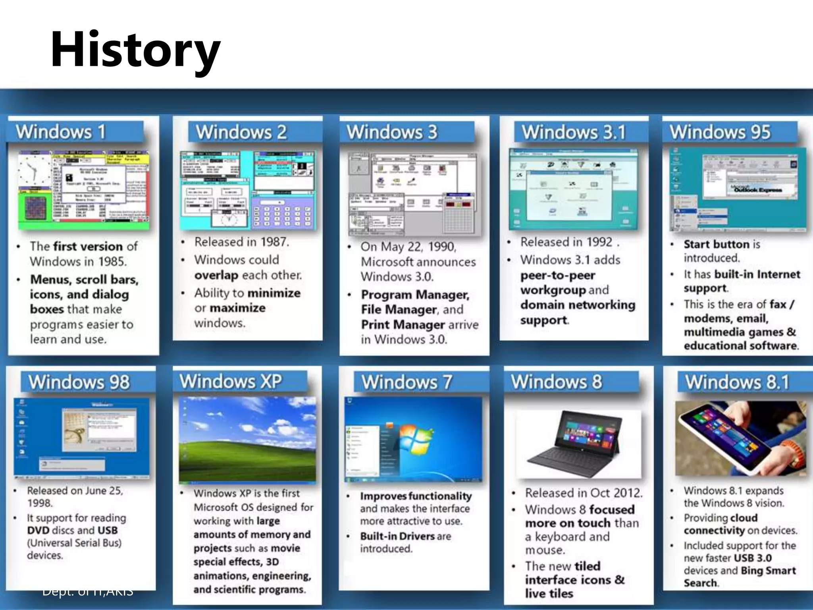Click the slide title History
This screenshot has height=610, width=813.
tap(135, 50)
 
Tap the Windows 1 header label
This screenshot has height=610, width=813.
tap(61, 132)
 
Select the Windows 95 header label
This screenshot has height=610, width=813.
tap(720, 132)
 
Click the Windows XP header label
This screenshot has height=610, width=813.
tap(230, 382)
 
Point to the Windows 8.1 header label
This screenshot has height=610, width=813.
tap(737, 382)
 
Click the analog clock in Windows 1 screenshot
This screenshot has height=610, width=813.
tap(35, 171)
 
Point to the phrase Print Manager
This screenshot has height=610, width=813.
tap(403, 325)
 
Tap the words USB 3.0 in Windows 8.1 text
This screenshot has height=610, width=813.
tap(753, 558)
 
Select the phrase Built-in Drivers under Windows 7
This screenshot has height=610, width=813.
tap(397, 537)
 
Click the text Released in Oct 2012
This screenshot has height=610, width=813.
tap(583, 493)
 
